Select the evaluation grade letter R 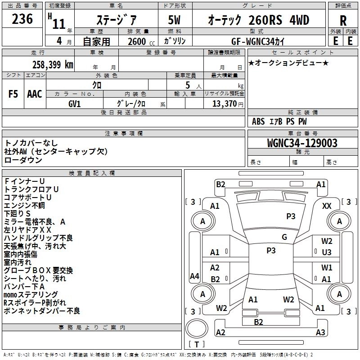click(343, 21)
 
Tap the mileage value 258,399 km click(53, 64)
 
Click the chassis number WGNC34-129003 click(302, 143)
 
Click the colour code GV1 click(75, 103)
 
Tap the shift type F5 click(13, 94)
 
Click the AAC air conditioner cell click(34, 94)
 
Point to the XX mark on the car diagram click(327, 206)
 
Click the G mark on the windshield click(284, 237)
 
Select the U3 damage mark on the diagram click(327, 252)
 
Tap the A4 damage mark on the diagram click(194, 276)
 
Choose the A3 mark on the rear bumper click(320, 333)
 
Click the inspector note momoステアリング click(31, 295)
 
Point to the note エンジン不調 click(24, 205)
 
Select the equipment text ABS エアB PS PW click(279, 121)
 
